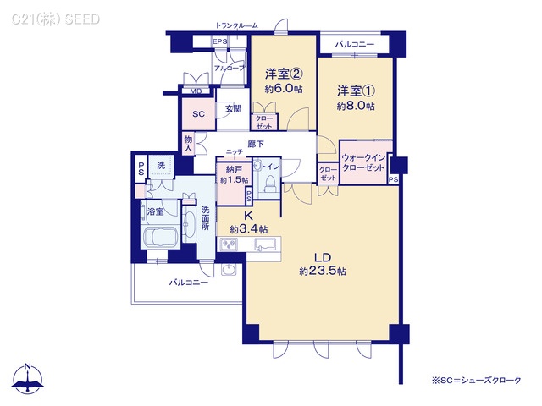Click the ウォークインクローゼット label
(x=366, y=162)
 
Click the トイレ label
(x=270, y=167)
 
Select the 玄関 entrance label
(x=233, y=108)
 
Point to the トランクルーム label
(x=236, y=26)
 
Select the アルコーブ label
(x=230, y=68)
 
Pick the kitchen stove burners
(x=230, y=244)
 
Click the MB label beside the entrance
(x=195, y=91)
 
